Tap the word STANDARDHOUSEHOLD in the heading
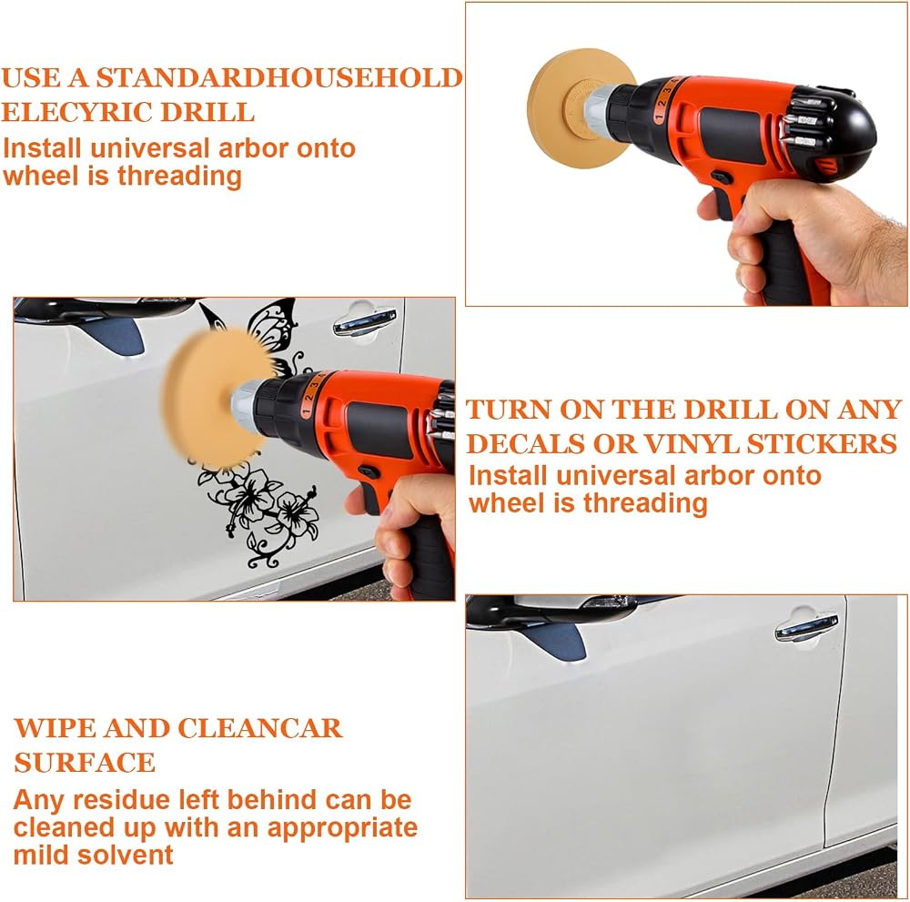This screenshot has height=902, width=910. (x=279, y=77)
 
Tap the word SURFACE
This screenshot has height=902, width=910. (x=85, y=762)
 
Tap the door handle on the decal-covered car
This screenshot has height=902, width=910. (x=365, y=323)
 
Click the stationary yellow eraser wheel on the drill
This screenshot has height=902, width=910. (x=581, y=108)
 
